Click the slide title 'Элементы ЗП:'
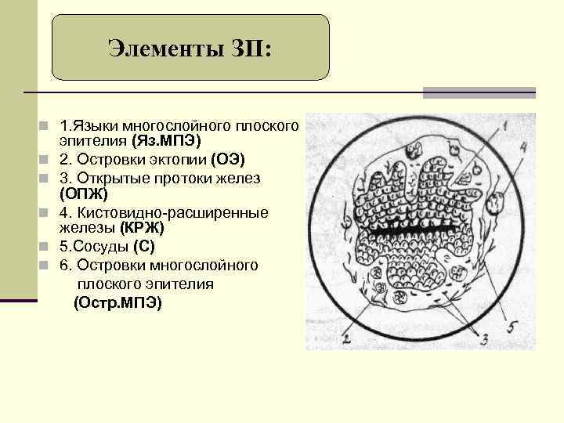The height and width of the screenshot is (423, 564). coord(190,50)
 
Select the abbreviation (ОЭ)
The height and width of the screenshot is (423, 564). coord(227,160)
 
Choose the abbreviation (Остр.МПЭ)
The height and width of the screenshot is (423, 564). coord(117,302)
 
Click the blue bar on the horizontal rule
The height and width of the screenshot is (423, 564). coord(479,92)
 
